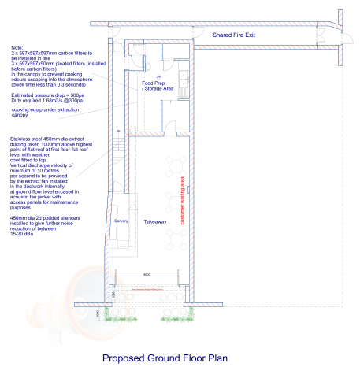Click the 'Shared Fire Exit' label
[240, 35]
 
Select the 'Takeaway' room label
[155, 223]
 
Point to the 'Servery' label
[121, 221]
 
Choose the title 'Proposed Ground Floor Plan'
[165, 358]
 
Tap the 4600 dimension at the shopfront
[147, 274]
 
